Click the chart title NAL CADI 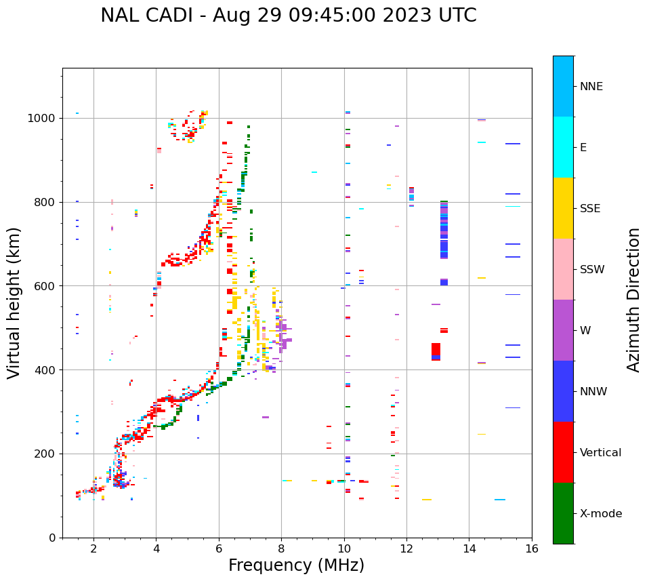288,16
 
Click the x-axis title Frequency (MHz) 296,565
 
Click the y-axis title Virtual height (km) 14,302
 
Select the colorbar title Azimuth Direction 633,300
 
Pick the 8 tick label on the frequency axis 281,548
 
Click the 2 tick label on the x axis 93,548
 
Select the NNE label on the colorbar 591,87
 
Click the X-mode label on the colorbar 600,514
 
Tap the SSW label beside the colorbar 591,270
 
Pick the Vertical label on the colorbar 600,453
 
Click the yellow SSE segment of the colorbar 563,208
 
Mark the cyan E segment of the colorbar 563,147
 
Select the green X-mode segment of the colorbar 563,513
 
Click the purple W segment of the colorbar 563,330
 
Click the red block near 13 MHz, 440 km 436,350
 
